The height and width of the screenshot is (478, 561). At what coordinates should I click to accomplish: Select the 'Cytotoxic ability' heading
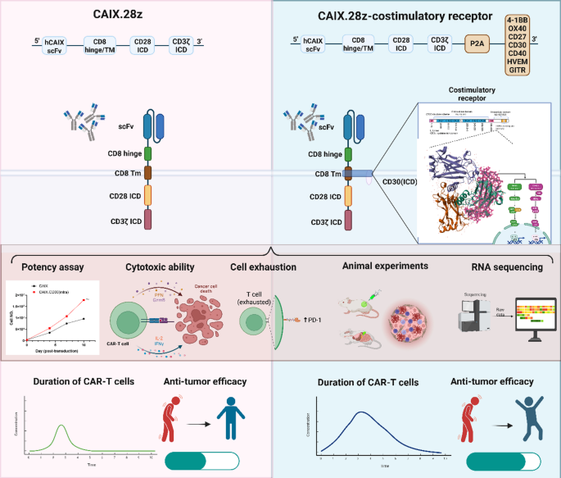point(161,266)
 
